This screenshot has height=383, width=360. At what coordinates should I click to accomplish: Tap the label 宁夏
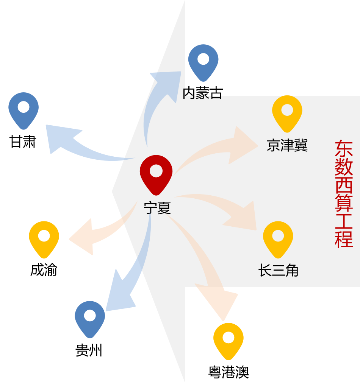(x=157, y=208)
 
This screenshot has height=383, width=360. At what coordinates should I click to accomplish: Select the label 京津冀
(x=287, y=145)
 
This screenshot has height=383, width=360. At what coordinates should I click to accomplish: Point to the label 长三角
(x=279, y=270)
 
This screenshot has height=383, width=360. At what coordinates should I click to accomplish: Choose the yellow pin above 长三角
(x=278, y=238)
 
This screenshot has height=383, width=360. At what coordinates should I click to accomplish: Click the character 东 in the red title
(x=344, y=149)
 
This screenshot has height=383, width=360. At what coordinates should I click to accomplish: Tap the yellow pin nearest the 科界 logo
(x=229, y=339)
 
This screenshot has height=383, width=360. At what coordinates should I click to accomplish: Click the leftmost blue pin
(x=23, y=109)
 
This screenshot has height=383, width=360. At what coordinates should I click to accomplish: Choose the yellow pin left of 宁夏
(x=44, y=238)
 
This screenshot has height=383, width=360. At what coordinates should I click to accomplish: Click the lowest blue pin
(x=90, y=318)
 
